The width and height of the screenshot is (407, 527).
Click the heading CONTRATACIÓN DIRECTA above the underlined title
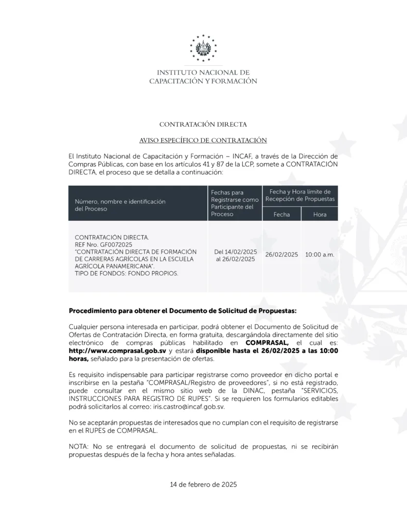coord(203,125)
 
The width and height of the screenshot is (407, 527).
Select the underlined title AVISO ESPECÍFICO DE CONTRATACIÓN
coord(203,140)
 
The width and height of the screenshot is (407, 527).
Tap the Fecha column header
coord(281,215)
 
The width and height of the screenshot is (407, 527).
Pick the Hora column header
coord(320,215)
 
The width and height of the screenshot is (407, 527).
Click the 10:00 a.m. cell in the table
coord(320,255)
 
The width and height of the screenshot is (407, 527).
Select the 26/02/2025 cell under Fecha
coord(281,255)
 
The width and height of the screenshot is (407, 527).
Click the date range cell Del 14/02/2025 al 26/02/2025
coord(235,255)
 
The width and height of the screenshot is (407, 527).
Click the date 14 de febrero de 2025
coord(203,485)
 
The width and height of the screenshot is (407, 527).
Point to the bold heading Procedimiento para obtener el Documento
coord(183,311)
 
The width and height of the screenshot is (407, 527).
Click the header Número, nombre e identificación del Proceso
coord(120,205)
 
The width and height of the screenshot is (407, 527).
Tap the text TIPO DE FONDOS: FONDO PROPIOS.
coord(127,274)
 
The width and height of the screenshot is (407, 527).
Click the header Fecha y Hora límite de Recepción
coord(300,195)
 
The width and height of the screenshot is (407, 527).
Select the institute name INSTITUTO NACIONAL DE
coord(203,73)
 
